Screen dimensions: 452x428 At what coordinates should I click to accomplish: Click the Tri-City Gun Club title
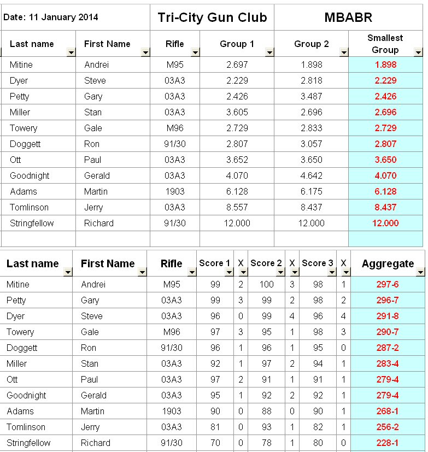212,17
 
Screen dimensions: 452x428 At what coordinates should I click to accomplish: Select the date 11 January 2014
51,17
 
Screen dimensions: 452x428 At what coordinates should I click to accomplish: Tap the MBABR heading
348,17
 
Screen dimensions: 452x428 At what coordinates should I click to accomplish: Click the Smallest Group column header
385,44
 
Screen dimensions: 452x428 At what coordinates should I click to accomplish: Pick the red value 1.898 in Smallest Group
385,64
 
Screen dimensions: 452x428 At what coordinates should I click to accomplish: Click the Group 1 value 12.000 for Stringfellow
237,223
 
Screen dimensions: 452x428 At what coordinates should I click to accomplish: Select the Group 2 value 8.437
311,207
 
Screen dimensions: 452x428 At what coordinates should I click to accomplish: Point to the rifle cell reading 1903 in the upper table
175,191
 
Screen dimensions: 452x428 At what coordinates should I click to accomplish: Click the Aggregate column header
388,263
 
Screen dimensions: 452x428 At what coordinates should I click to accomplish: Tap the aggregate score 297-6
388,284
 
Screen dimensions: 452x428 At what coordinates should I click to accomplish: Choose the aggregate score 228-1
388,443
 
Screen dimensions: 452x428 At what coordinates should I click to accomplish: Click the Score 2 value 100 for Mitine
266,284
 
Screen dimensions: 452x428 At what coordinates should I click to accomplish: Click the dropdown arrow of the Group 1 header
269,52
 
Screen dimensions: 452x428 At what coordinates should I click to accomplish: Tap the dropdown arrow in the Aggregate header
420,272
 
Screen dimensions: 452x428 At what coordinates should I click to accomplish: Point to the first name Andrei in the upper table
96,64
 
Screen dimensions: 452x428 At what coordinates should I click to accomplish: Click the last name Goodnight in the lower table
26,395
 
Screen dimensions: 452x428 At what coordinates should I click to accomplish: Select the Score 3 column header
318,263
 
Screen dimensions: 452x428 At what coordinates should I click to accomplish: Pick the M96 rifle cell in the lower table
172,332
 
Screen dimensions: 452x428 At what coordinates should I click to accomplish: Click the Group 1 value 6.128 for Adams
237,191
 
